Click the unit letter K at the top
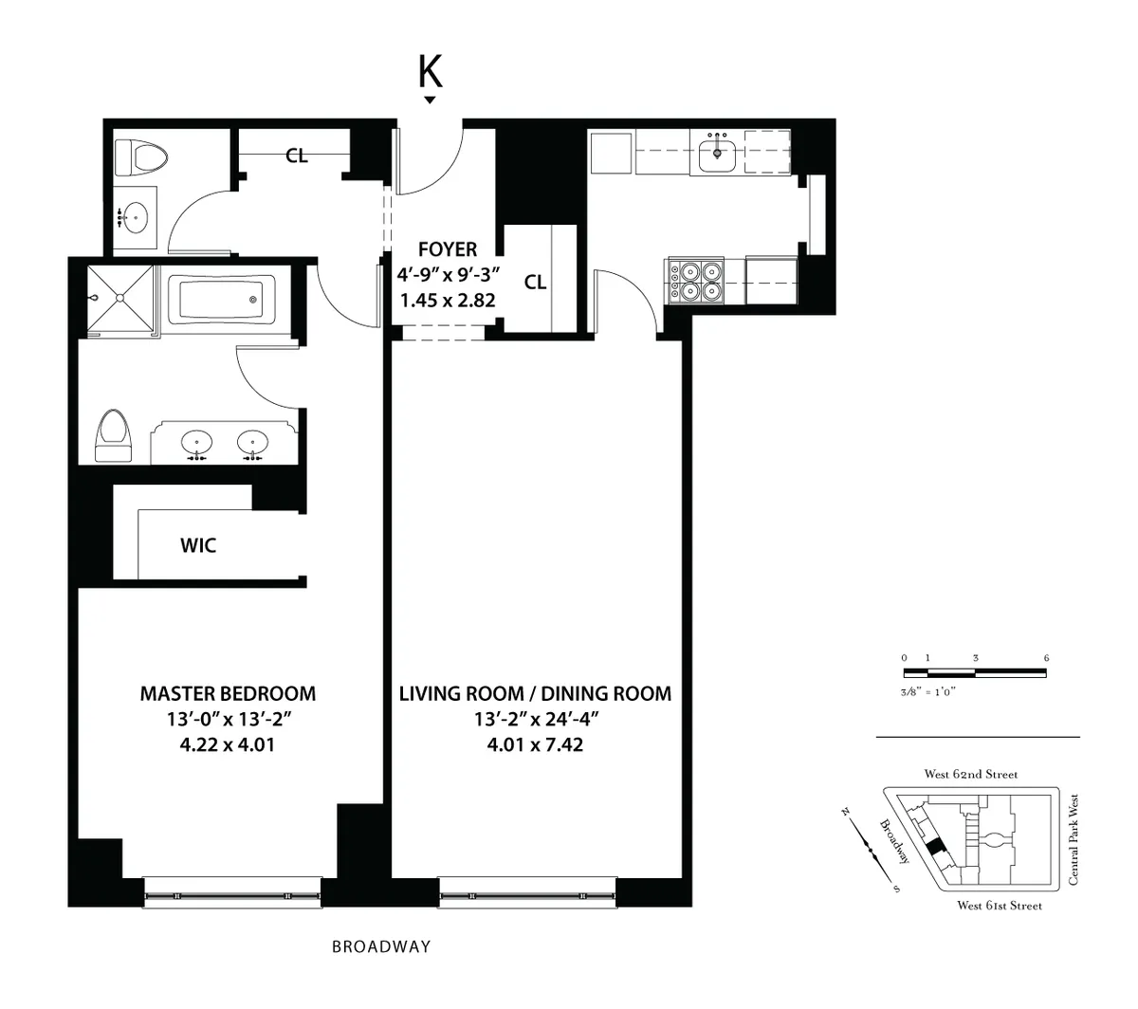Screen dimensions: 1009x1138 [x=430, y=69]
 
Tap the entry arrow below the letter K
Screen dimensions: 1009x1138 [x=430, y=100]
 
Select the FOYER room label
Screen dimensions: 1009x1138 [x=448, y=249]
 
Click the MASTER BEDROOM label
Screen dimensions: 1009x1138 [x=228, y=693]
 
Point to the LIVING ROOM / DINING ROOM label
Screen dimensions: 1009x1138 [x=535, y=693]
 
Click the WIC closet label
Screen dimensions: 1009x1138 [x=198, y=545]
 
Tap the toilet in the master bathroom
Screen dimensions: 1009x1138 [x=114, y=436]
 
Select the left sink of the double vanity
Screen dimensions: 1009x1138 [x=197, y=442]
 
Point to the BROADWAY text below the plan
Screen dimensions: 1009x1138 [x=381, y=946]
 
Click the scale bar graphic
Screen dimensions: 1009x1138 [x=975, y=672]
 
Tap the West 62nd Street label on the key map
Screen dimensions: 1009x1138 [x=971, y=775]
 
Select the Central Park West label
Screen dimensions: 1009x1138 [x=1074, y=840]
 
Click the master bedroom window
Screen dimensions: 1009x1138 [x=231, y=893]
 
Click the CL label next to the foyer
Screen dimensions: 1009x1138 [x=535, y=282]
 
